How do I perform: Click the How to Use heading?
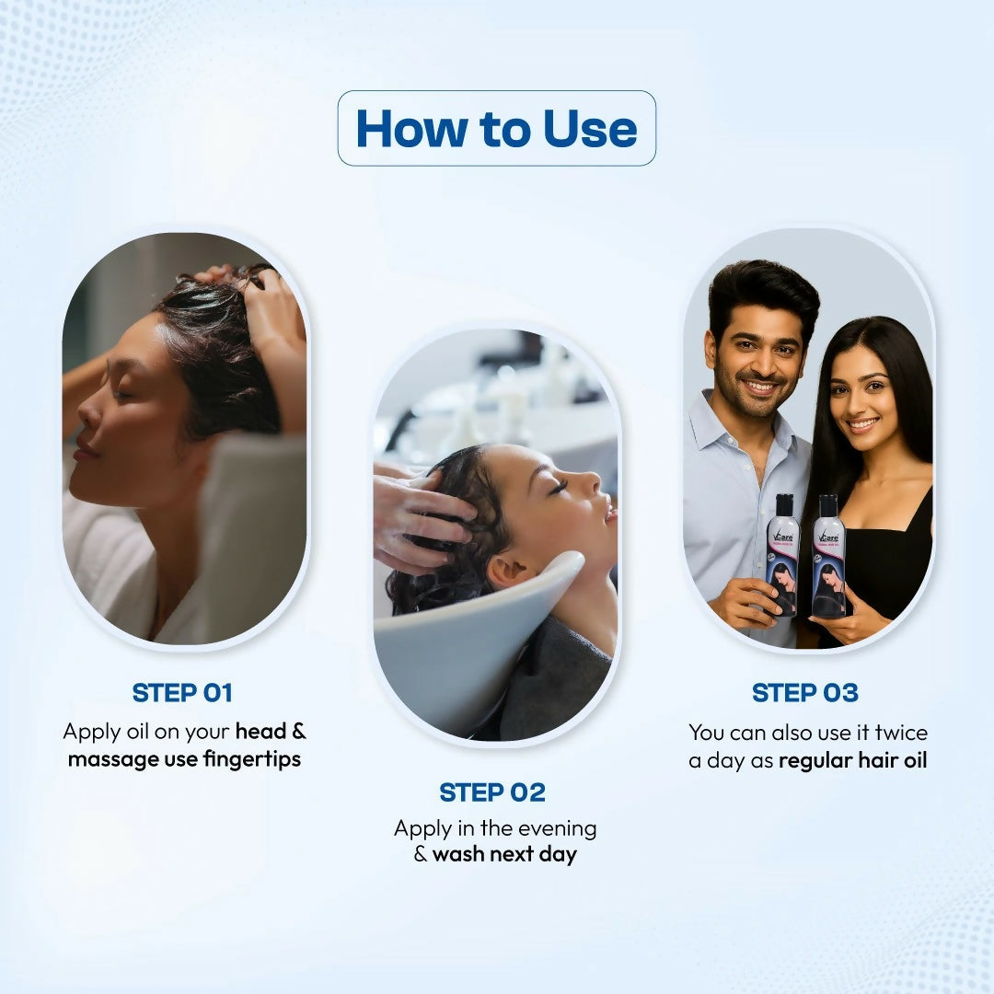pyautogui.click(x=496, y=129)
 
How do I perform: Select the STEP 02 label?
pyautogui.click(x=492, y=792)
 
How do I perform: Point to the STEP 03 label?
pyautogui.click(x=804, y=693)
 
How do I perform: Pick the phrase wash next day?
pyautogui.click(x=504, y=854)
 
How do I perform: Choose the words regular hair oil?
pyautogui.click(x=852, y=761)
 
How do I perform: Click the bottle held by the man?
pyautogui.click(x=782, y=558)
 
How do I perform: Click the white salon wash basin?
pyautogui.click(x=460, y=644)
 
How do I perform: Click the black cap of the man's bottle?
pyautogui.click(x=783, y=504)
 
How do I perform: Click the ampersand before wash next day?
pyautogui.click(x=421, y=854)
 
